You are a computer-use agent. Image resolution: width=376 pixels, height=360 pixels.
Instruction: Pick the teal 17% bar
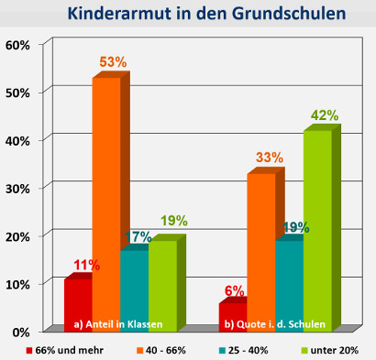click(135, 284)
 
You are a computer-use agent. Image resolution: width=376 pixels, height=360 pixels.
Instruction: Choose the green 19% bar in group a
click(162, 280)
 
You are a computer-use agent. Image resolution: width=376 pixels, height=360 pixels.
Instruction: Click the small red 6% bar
click(233, 314)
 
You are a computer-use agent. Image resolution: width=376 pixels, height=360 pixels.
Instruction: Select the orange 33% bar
click(261, 247)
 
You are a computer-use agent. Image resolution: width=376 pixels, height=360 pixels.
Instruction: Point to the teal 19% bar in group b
click(289, 280)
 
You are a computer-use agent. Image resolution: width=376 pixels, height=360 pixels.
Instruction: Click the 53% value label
click(114, 62)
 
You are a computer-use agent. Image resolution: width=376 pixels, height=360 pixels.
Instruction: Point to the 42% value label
click(324, 115)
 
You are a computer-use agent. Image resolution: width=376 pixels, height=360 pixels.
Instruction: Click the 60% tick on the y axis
click(19, 45)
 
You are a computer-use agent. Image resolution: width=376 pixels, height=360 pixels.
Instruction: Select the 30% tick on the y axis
click(19, 188)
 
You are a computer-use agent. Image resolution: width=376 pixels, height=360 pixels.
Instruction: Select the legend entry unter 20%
click(335, 349)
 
